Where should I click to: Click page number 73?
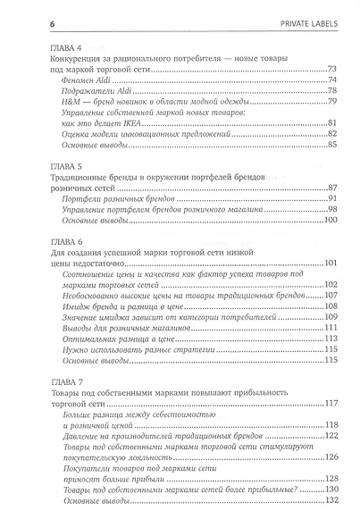click(x=331, y=69)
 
